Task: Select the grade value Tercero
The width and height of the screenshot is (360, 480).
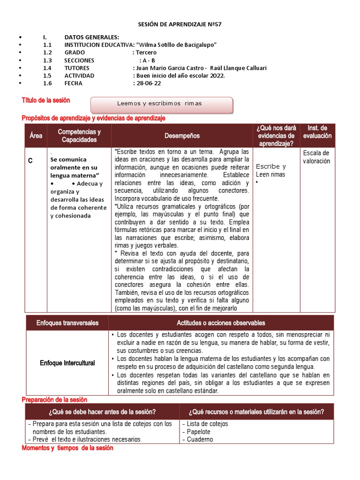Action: tap(146, 52)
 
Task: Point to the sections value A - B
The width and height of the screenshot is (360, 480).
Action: tap(148, 60)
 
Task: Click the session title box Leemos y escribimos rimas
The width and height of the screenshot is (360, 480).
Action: tap(161, 104)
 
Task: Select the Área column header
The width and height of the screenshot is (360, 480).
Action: tap(36, 135)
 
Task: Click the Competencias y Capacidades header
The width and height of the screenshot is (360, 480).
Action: tap(79, 135)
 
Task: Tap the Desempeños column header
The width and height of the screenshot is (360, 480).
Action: tap(182, 135)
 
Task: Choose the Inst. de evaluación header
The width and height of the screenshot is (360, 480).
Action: tap(317, 132)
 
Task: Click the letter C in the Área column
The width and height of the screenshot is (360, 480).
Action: tap(30, 161)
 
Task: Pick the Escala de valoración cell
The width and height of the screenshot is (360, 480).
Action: tap(316, 157)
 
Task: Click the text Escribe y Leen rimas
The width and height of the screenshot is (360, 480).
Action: tap(271, 171)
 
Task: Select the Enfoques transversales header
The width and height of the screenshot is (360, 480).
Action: tap(67, 323)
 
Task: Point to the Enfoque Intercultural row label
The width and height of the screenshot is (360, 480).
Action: tap(67, 363)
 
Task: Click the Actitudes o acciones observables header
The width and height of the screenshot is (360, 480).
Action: tap(221, 323)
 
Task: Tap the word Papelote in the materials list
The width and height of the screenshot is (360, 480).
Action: tap(199, 432)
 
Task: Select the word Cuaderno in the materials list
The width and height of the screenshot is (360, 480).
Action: tap(200, 440)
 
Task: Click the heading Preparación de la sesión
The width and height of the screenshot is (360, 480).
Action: tap(54, 399)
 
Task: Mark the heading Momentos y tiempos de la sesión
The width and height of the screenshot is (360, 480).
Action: tap(67, 448)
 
